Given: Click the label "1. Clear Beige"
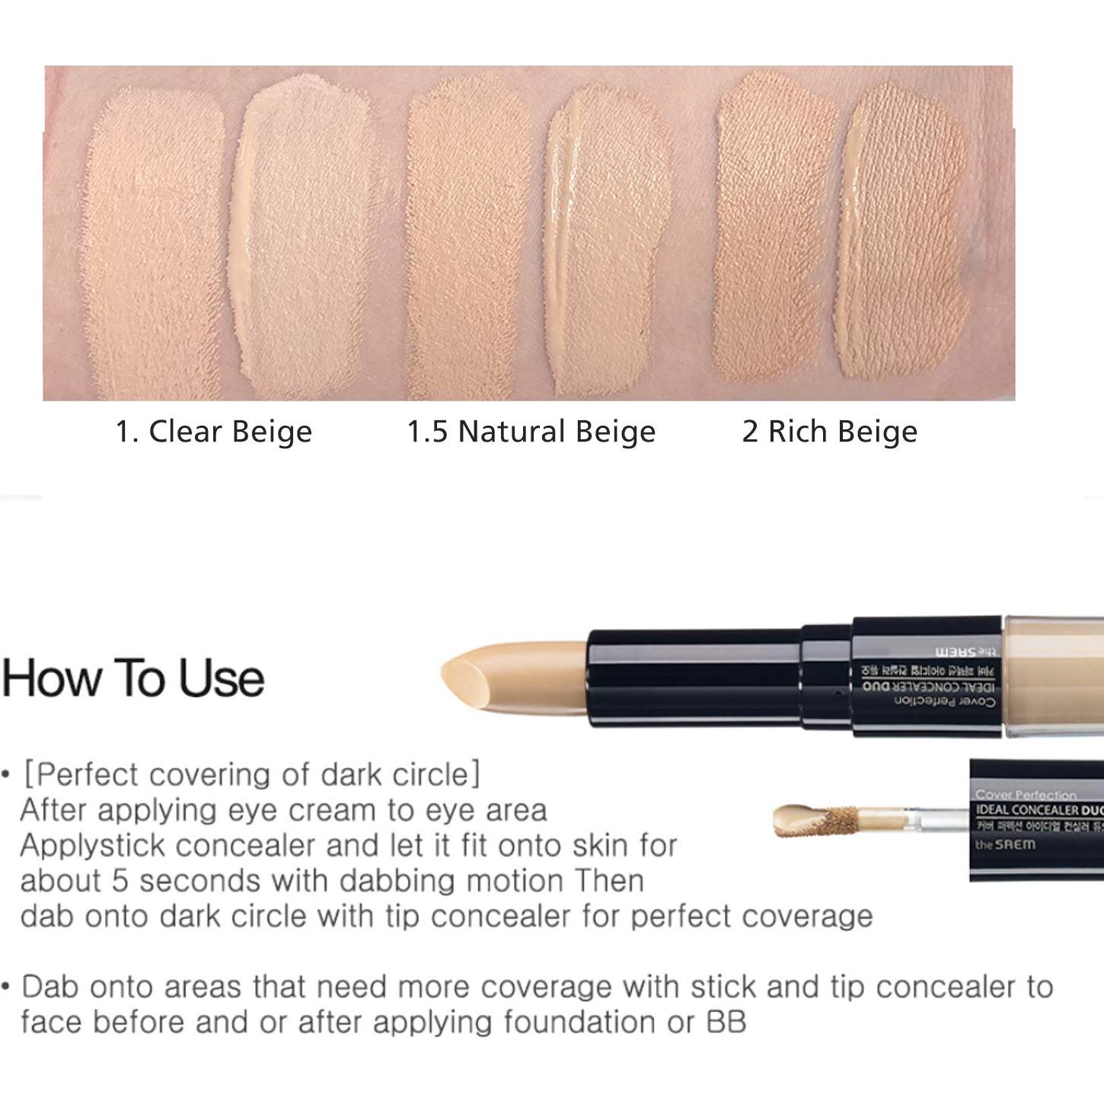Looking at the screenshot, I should (x=213, y=432).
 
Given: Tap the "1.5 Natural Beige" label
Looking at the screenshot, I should (x=531, y=432).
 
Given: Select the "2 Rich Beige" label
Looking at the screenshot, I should (x=829, y=432).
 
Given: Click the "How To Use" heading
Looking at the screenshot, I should (x=133, y=678).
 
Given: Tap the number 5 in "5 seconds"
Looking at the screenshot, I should (x=120, y=881).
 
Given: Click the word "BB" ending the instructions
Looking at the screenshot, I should (x=726, y=1022).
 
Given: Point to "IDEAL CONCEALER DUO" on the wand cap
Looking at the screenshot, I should (x=1039, y=810).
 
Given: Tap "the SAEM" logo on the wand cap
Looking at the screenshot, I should (x=1005, y=844).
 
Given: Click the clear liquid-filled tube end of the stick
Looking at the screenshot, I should (x=1055, y=676).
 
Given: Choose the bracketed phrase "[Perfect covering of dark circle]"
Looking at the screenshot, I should (x=251, y=774).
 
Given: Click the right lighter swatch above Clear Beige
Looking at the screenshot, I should (x=305, y=236).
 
